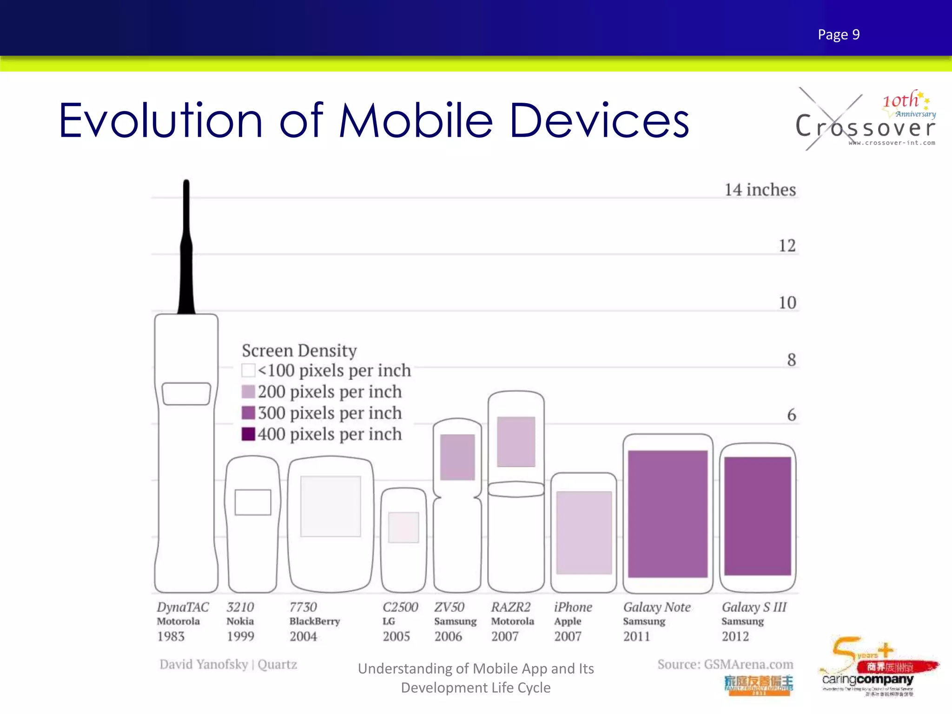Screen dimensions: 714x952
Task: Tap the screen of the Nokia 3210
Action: click(x=253, y=502)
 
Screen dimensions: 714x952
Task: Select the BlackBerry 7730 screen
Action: click(x=331, y=506)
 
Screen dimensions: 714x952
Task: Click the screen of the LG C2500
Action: click(x=403, y=527)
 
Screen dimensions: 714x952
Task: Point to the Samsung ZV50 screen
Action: click(x=457, y=457)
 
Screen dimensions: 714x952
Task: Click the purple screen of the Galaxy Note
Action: click(x=668, y=514)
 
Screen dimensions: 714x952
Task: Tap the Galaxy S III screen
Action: click(x=757, y=516)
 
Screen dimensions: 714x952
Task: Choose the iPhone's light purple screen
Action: click(x=584, y=532)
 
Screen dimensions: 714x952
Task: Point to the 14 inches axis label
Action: click(x=760, y=190)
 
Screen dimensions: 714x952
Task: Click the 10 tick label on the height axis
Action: click(x=787, y=303)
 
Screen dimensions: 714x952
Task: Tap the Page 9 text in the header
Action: click(x=839, y=35)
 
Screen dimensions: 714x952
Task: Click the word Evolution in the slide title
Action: click(x=160, y=121)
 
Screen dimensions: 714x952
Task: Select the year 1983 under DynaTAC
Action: click(x=171, y=636)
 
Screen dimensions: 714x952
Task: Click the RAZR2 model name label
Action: click(x=510, y=607)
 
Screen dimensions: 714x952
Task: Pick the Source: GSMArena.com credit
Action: click(x=725, y=664)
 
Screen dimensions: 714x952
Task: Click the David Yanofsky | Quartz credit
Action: click(x=228, y=664)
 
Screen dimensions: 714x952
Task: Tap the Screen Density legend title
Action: click(x=299, y=350)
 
